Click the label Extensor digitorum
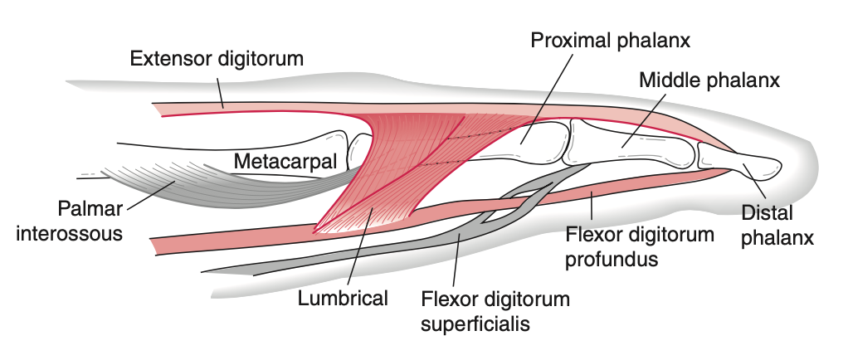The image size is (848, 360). [218, 60]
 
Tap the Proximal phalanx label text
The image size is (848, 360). [612, 39]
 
